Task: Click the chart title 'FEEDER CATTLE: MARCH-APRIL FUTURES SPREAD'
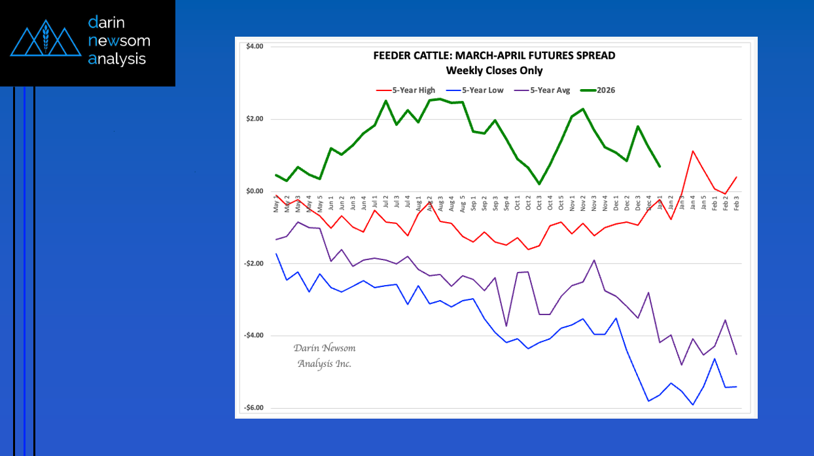click(x=494, y=56)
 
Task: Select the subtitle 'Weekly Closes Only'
click(x=494, y=70)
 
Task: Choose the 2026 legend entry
click(x=597, y=90)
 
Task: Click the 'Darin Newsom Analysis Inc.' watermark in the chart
click(x=324, y=356)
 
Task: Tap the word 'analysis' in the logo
click(x=117, y=59)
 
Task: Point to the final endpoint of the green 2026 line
click(x=660, y=166)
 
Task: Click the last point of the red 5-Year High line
click(x=737, y=177)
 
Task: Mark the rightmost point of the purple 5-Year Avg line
click(x=737, y=354)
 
